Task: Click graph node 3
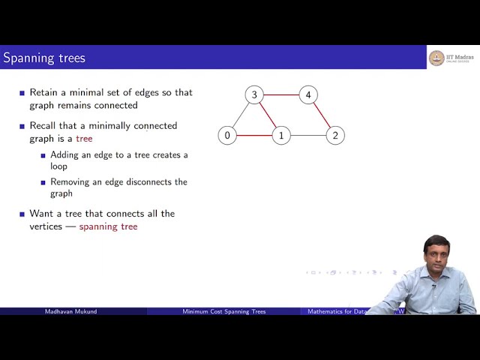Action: point(254,95)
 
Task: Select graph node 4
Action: point(307,95)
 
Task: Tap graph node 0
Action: point(227,136)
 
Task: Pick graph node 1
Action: point(281,136)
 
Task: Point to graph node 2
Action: point(335,136)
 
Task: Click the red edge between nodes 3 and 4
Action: point(281,95)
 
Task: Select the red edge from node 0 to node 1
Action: point(254,136)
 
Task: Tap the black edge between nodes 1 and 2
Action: point(308,136)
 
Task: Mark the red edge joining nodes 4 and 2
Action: point(322,115)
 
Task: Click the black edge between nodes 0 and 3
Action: point(241,115)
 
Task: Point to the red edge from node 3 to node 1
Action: point(268,115)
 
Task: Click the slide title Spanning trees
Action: point(44,58)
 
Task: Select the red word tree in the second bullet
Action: point(84,139)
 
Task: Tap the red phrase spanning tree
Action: point(108,226)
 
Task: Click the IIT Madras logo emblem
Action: point(436,58)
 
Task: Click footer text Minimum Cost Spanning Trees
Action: point(223,311)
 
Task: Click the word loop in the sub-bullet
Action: point(58,166)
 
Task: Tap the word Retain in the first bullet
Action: point(43,93)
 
